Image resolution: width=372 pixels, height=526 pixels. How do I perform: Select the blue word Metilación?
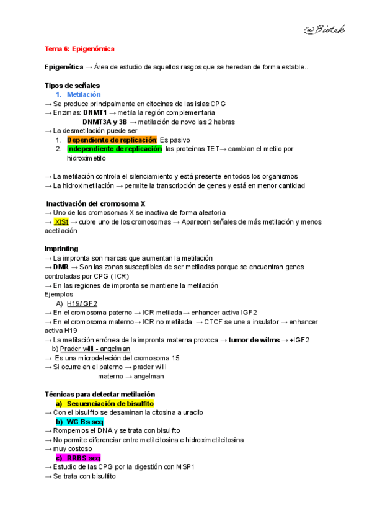tap(83, 94)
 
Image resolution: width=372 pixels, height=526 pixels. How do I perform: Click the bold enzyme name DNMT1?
tap(95, 113)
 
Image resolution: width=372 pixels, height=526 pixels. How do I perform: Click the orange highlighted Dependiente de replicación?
tap(112, 140)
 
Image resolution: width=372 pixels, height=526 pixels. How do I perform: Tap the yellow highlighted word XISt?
tap(61, 221)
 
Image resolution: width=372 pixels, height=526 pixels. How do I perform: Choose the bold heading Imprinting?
tap(62, 249)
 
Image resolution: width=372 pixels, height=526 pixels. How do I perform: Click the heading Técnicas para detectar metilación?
tap(100, 394)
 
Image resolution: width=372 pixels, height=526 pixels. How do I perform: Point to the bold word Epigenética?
tap(64, 67)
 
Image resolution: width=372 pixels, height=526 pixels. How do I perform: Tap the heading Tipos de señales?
tap(72, 85)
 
